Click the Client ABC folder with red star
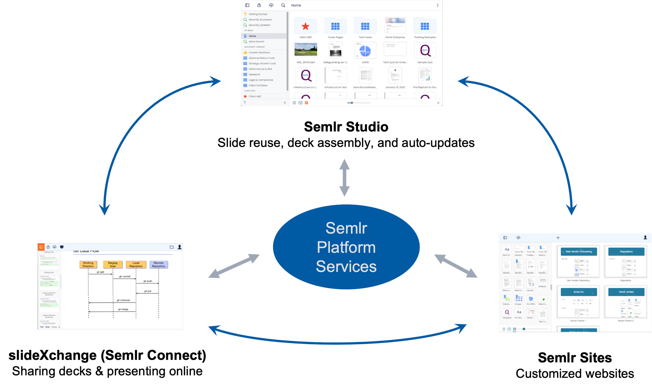coord(305,26)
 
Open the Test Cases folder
coord(365,26)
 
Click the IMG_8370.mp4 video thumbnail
coord(306,50)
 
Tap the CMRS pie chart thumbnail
coord(365,51)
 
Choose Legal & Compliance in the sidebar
coord(261,80)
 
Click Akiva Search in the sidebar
coord(256,41)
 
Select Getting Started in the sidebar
coord(258,14)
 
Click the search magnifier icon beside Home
coord(283,5)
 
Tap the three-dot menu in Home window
coord(438,5)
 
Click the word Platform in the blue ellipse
coord(346,247)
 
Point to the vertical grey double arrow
coord(344,178)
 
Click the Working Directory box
coord(88,264)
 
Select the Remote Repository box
coord(158,264)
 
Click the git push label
coord(148,281)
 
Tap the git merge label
coord(123,309)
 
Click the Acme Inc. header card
coord(579,292)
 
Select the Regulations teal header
coord(626,251)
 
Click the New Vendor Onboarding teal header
coord(579,251)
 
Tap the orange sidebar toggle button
coord(41,247)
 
